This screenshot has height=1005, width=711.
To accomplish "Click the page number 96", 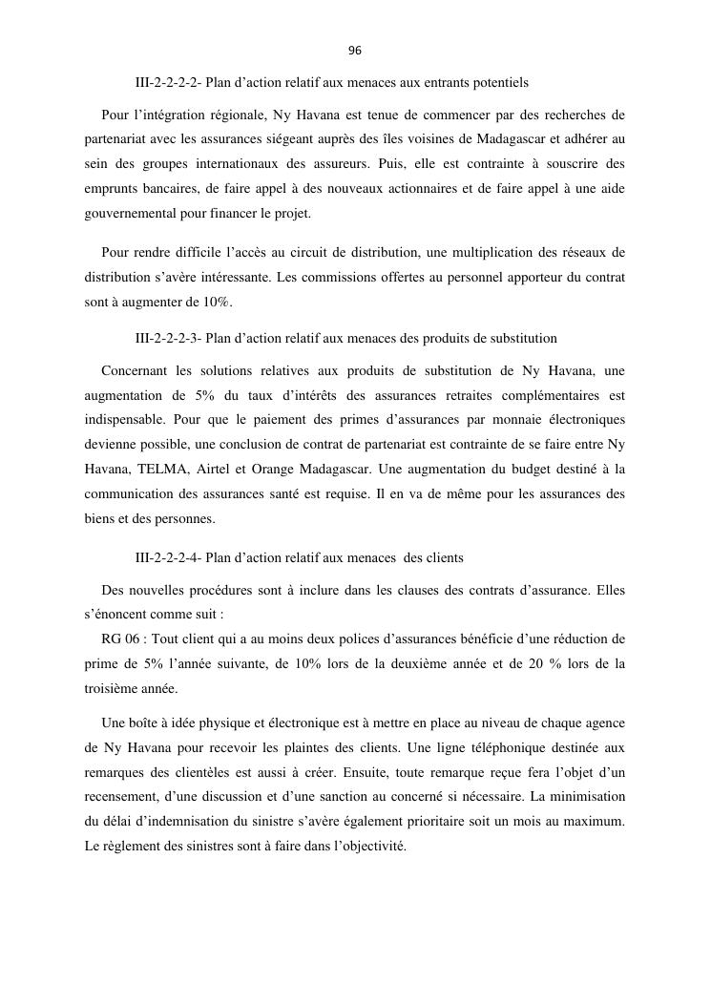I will [x=355, y=51].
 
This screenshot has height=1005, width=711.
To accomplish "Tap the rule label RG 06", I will [x=119, y=638].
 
